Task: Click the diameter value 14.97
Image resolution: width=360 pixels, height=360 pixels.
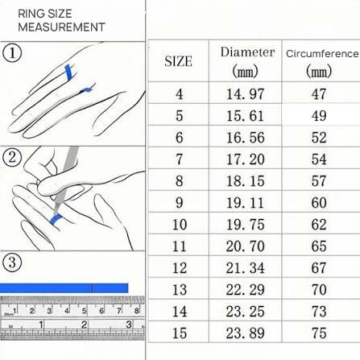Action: (245, 94)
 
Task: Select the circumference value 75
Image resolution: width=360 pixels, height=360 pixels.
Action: (319, 333)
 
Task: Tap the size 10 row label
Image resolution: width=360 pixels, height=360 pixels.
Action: (180, 224)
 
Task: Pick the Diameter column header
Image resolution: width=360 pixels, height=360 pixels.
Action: (247, 62)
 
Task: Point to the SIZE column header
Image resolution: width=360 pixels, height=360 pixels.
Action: (178, 61)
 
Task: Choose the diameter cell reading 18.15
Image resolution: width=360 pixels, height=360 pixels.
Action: (245, 180)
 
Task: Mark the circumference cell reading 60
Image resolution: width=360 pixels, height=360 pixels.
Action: (319, 202)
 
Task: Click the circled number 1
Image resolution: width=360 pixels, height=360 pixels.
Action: (12, 53)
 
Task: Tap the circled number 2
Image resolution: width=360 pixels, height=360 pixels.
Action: (12, 157)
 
